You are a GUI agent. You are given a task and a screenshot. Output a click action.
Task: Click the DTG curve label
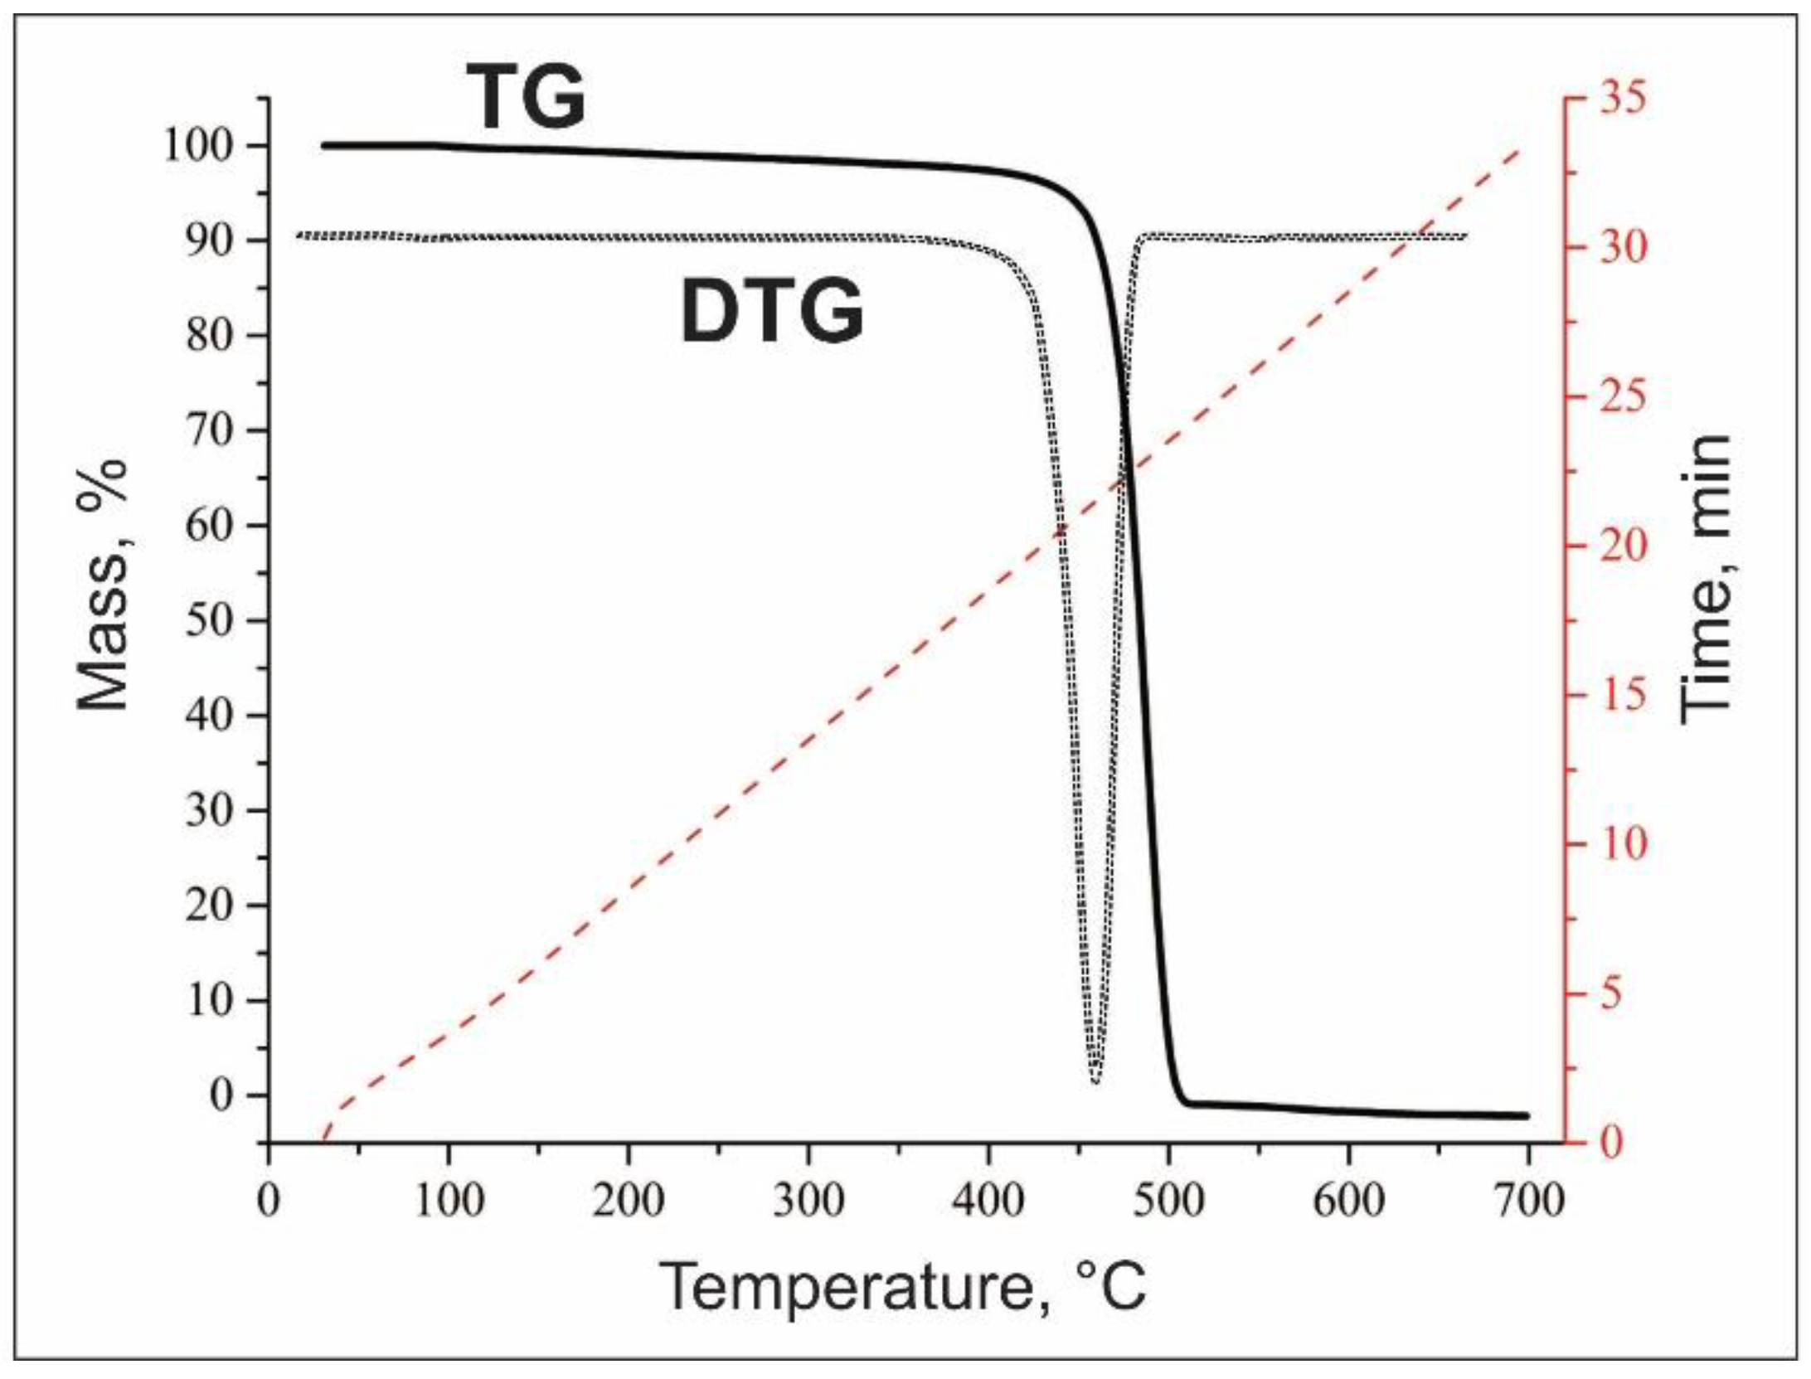[771, 312]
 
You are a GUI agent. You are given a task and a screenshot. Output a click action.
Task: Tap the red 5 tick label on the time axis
[1611, 993]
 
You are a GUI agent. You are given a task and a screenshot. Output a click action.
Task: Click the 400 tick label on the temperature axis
[988, 1201]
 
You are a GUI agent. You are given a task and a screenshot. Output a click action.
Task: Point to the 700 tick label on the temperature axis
[1527, 1201]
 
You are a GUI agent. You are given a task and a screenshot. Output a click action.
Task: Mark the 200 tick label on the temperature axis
[629, 1201]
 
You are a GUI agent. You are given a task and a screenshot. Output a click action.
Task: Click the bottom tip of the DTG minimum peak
[1095, 1081]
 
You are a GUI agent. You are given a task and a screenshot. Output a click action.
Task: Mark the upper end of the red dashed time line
[1519, 150]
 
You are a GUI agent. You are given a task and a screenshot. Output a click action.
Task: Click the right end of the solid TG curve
[1526, 1115]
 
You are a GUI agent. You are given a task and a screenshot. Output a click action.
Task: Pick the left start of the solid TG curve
[324, 145]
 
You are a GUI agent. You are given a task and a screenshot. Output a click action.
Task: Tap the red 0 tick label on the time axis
[1611, 1143]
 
